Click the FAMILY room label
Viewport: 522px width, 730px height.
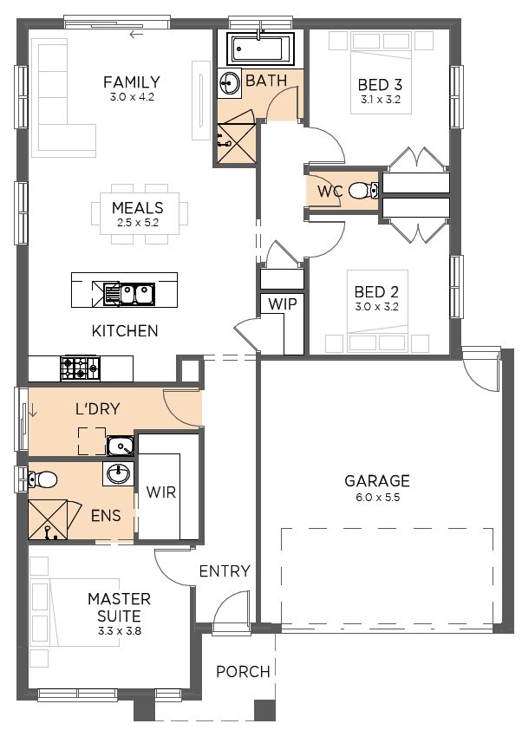point(131,82)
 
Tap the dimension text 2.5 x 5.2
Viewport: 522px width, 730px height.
point(138,223)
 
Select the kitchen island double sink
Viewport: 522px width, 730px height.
point(129,294)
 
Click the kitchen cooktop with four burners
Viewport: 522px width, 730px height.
point(80,368)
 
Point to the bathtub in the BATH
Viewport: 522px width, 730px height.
point(260,49)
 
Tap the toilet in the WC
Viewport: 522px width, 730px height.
point(363,190)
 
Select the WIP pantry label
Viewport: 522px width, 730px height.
point(283,304)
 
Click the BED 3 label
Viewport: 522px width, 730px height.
point(380,85)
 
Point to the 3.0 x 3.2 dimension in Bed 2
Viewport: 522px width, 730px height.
point(376,307)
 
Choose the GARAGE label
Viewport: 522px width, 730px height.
point(377,480)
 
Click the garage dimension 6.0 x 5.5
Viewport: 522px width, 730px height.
point(378,498)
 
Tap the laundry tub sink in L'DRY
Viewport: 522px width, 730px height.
point(121,446)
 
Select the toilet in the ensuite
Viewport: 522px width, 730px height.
point(42,479)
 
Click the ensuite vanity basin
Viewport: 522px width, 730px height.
point(118,474)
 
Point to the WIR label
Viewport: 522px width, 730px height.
point(161,492)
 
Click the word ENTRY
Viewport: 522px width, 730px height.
point(225,570)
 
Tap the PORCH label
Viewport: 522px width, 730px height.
point(243,671)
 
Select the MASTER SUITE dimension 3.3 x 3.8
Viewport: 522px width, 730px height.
point(120,631)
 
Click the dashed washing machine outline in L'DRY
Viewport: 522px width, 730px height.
point(92,441)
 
